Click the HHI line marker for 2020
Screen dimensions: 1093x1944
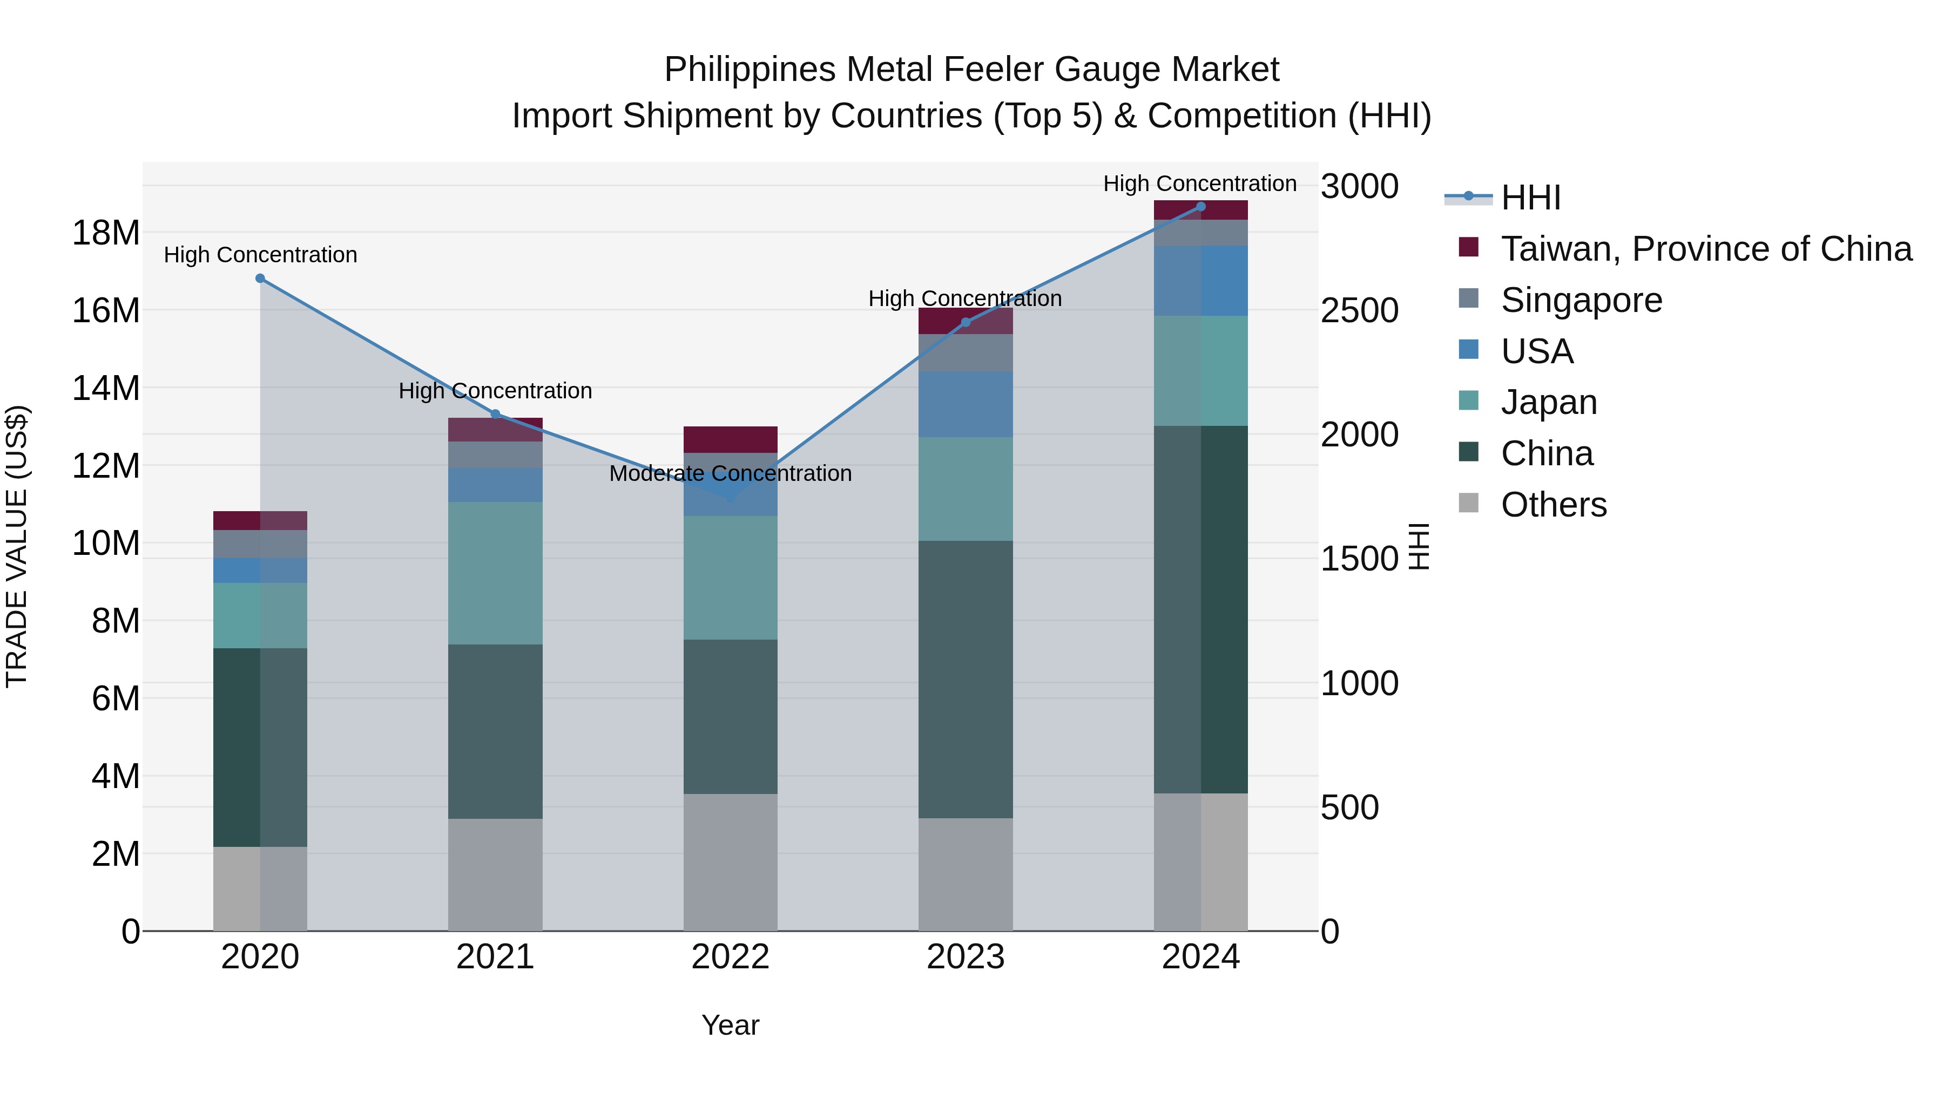260,279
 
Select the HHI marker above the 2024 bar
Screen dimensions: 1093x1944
1200,207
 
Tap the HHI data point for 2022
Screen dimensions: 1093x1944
731,498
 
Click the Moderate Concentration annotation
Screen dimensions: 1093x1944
731,474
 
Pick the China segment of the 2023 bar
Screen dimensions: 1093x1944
965,679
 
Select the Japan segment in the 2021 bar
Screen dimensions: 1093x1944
495,573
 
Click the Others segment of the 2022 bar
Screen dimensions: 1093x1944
731,862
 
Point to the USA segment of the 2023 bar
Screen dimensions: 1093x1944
965,404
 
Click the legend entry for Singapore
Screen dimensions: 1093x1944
1581,300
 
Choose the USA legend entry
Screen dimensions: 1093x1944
1536,351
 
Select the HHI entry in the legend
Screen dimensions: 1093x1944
1530,198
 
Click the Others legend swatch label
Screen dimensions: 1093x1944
1554,505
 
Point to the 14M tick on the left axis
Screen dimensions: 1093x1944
106,389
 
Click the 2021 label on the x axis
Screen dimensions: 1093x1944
495,957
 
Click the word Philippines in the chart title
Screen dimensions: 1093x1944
750,70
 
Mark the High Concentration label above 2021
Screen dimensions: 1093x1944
495,391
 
